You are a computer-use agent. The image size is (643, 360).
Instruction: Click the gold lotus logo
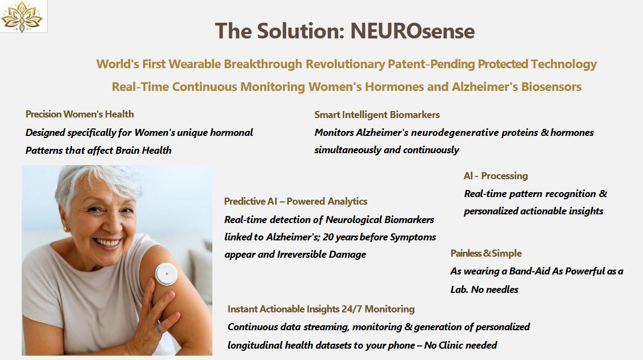click(x=22, y=16)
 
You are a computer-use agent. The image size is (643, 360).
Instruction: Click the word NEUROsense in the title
click(x=412, y=31)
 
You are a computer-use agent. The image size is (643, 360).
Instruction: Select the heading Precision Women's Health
click(x=80, y=114)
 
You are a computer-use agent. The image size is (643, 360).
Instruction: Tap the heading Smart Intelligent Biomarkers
click(x=377, y=115)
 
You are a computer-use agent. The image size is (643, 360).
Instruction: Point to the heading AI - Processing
click(x=495, y=176)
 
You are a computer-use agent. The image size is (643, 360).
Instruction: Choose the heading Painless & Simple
click(x=486, y=253)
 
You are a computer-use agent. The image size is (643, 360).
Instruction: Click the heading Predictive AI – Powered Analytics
click(x=295, y=201)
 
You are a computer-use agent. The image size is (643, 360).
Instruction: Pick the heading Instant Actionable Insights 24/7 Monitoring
click(x=321, y=309)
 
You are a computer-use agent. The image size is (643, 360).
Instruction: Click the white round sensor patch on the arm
click(x=166, y=274)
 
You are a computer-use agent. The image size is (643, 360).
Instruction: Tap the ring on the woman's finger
click(x=159, y=327)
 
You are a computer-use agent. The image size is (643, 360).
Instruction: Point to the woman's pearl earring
click(x=65, y=229)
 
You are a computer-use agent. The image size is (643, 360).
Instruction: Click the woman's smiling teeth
click(x=108, y=243)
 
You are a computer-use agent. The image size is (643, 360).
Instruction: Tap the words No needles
click(x=495, y=290)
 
